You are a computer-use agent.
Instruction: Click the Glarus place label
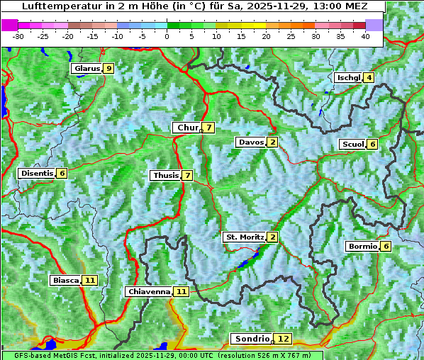[x=86, y=69]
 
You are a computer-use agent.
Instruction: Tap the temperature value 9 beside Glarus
[x=108, y=69]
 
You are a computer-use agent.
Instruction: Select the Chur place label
[x=188, y=128]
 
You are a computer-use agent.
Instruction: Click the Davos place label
[x=251, y=142]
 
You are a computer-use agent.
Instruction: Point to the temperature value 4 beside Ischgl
[x=369, y=78]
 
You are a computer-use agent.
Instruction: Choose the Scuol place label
[x=352, y=145]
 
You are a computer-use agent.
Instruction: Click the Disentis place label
[x=37, y=174]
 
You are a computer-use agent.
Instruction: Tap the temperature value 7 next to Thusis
[x=187, y=176]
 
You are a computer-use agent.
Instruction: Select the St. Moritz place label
[x=244, y=237]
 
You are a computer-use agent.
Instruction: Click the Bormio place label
[x=362, y=247]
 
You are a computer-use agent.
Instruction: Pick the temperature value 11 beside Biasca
[x=89, y=281]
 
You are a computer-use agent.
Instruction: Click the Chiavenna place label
[x=149, y=291]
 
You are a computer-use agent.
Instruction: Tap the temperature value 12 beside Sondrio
[x=283, y=339]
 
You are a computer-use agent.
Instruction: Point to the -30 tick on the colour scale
[x=18, y=36]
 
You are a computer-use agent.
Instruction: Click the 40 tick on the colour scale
[x=365, y=36]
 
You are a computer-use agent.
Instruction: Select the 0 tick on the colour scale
[x=167, y=36]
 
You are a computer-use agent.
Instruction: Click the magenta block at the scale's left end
[x=10, y=25]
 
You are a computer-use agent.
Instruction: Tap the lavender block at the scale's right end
[x=374, y=25]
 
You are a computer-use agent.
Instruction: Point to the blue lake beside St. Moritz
[x=245, y=263]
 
